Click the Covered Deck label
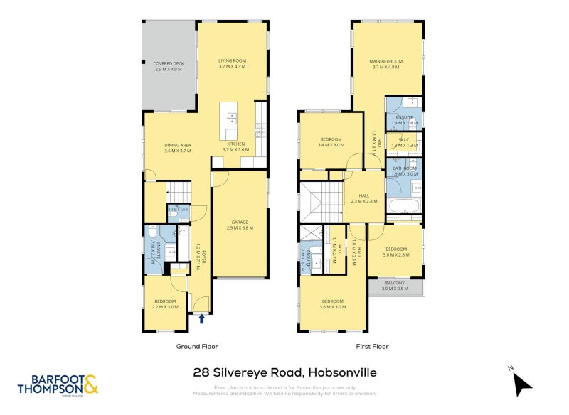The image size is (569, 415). click(169, 67)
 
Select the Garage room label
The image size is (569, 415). click(239, 224)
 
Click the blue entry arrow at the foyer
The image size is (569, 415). click(203, 319)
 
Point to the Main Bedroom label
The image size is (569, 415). click(386, 65)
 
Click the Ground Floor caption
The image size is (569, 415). click(197, 347)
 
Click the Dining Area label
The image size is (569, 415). click(178, 148)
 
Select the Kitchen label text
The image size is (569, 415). click(235, 146)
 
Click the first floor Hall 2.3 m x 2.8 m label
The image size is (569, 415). click(363, 198)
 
